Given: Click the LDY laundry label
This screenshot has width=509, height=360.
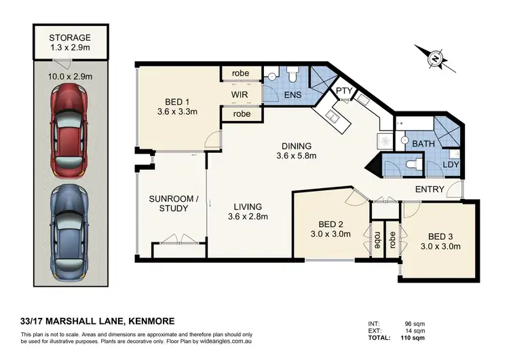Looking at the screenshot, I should (449, 164).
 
